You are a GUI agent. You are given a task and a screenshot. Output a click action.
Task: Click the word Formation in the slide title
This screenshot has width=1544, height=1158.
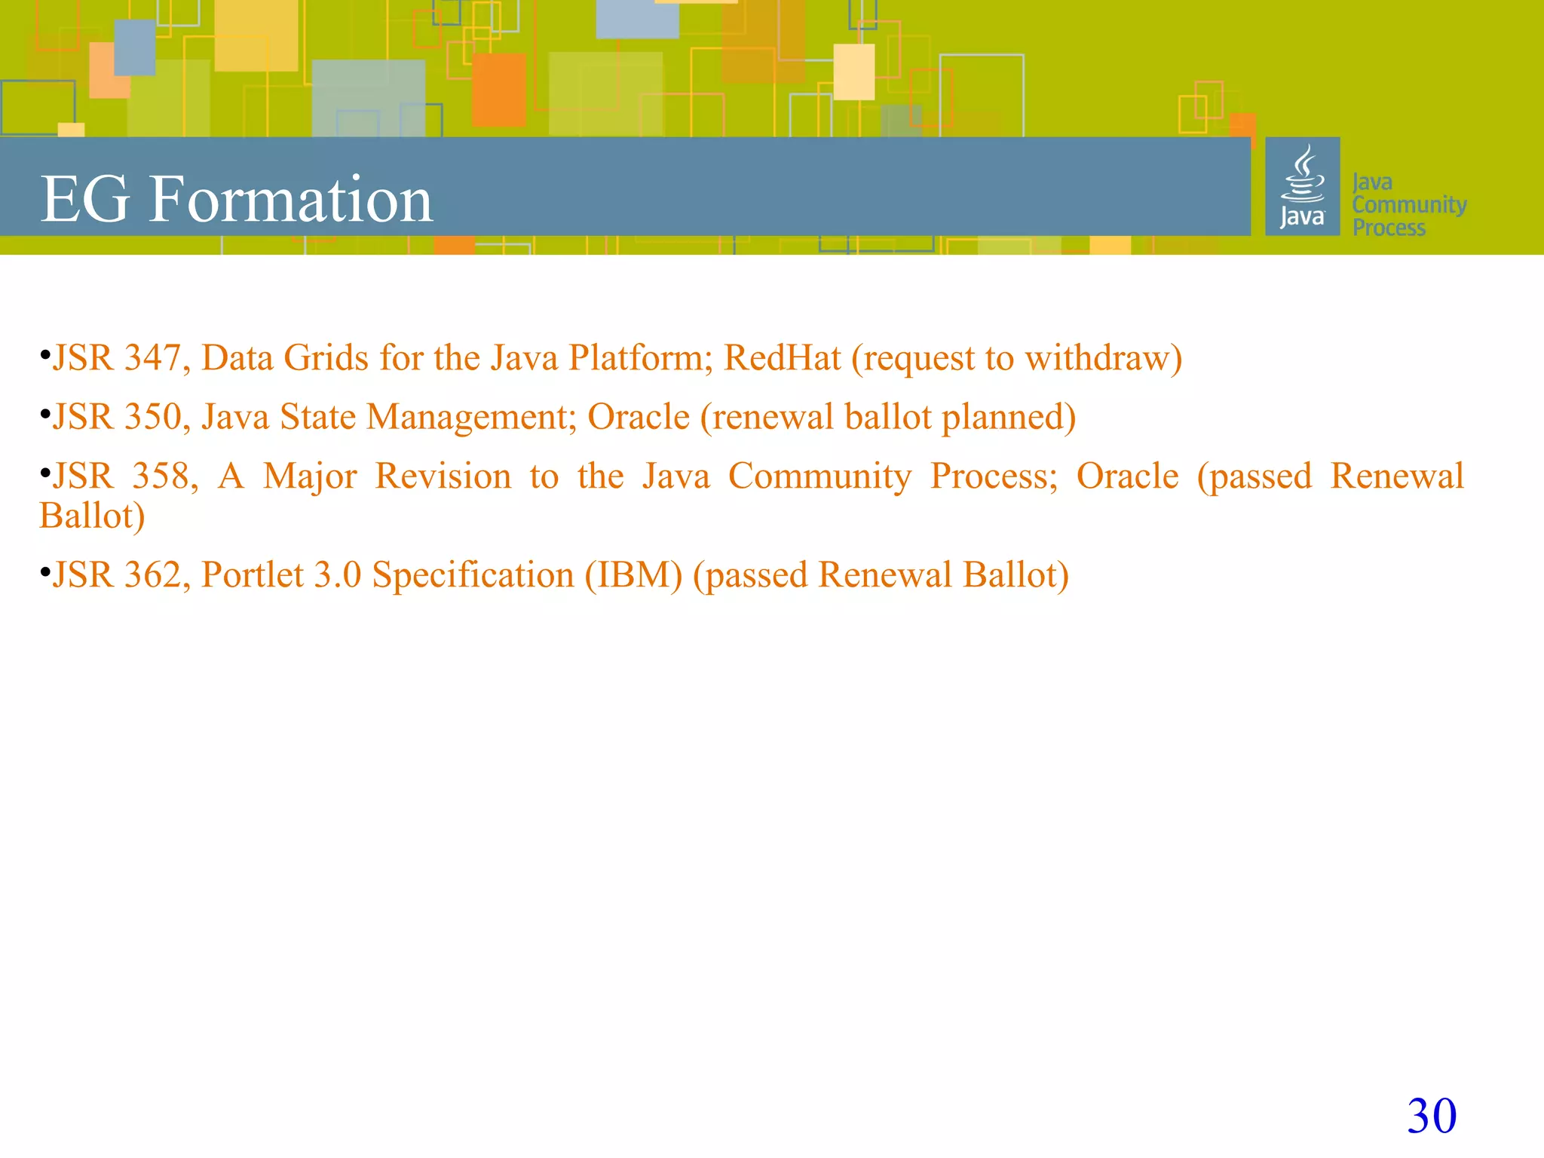290,199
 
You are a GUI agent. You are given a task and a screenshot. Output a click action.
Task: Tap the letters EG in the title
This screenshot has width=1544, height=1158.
84,200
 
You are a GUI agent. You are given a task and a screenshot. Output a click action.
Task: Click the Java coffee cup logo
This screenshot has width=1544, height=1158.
1302,186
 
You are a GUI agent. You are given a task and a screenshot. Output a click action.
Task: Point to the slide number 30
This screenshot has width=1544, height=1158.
1432,1116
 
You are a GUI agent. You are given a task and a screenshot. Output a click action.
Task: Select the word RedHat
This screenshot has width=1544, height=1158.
782,358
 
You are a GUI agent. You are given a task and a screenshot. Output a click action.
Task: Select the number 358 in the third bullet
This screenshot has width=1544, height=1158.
165,476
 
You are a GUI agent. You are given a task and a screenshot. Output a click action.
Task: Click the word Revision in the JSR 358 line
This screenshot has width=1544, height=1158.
443,476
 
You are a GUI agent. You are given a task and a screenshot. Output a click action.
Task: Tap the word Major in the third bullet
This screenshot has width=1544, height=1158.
310,476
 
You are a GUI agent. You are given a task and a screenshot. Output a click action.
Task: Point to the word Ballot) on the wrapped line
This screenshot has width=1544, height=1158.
92,516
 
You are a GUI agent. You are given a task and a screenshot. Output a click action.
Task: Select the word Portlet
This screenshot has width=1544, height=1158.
253,575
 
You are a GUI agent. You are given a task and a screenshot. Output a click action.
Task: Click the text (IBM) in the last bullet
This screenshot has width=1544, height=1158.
633,575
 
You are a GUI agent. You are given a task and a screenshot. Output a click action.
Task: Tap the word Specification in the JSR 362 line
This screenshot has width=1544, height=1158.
473,575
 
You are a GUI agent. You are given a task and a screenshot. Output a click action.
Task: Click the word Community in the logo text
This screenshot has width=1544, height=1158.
1409,204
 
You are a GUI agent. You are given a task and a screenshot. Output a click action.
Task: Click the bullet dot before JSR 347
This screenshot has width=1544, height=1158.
45,354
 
